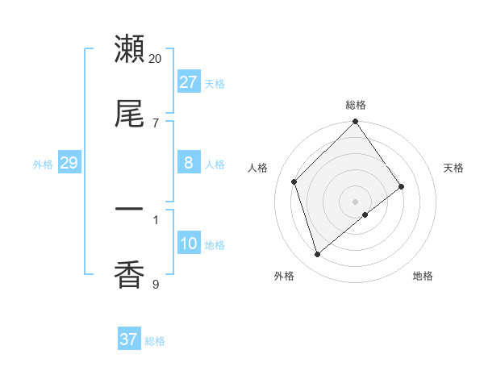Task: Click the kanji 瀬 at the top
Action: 129,49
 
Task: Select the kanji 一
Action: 129,210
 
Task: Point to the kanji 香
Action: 129,275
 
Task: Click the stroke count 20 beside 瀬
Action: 156,59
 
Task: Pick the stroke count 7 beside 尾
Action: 156,123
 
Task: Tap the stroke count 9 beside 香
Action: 156,284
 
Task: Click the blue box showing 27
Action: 188,82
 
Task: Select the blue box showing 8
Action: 188,163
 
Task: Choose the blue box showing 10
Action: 188,244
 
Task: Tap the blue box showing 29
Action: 69,163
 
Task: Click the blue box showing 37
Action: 128,339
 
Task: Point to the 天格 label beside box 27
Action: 215,84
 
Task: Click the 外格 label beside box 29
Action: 43,165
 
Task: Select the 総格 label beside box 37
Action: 155,341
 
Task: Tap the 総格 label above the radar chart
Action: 356,105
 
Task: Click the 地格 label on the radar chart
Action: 423,276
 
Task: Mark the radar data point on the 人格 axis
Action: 294,181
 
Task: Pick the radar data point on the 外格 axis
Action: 318,255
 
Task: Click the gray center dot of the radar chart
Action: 356,201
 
